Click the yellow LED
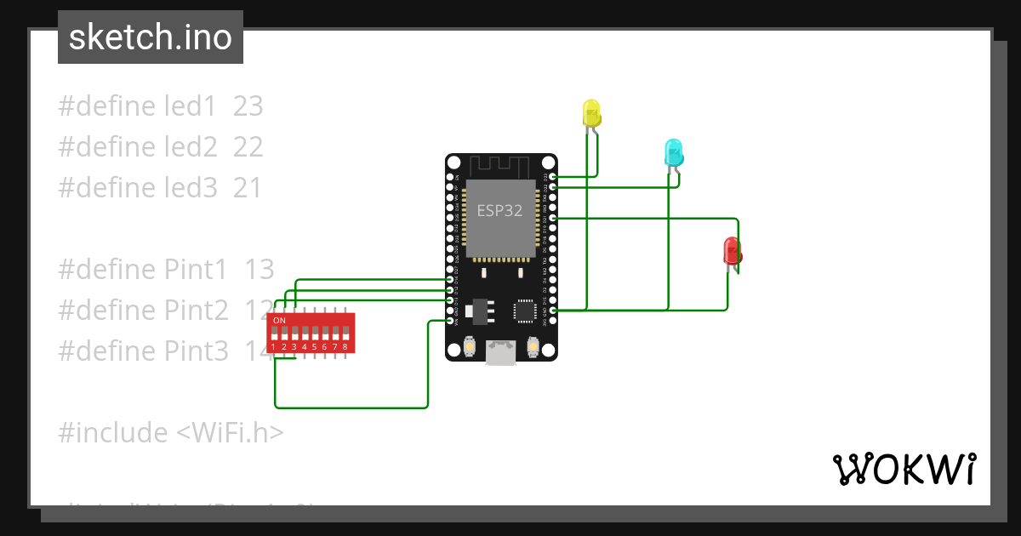pos(591,113)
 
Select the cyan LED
pos(673,153)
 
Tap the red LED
pos(732,251)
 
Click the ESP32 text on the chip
pos(499,210)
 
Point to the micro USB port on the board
pos(501,353)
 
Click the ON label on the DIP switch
pos(279,320)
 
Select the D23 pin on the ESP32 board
pos(553,176)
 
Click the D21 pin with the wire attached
pos(553,218)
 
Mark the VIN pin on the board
pos(450,322)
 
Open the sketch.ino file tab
pos(151,37)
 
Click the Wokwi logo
pos(904,469)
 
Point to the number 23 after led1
pos(248,106)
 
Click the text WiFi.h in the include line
pos(230,433)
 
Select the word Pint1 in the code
pos(196,270)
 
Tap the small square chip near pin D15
pos(525,311)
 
